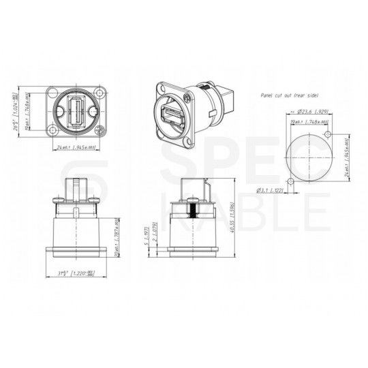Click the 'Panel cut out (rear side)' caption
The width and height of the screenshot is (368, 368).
(290, 97)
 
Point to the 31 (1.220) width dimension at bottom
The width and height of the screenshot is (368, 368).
(75, 273)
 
